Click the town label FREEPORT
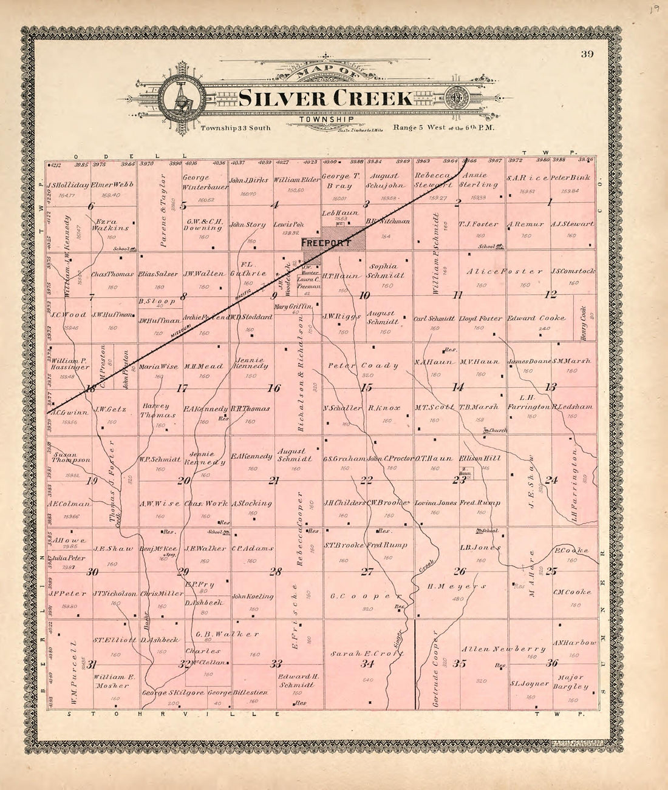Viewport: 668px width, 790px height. [x=326, y=243]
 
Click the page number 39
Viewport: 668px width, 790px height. [x=586, y=54]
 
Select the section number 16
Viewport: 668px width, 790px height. [x=274, y=388]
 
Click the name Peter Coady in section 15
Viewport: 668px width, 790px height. [x=363, y=366]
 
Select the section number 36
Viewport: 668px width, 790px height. [x=551, y=663]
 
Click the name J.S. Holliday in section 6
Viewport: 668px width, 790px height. [x=67, y=184]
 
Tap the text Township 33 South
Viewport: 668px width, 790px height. [x=235, y=128]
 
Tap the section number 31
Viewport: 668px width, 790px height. [x=92, y=664]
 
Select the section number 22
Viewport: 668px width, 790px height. [x=366, y=481]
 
